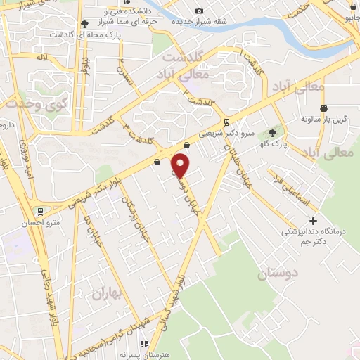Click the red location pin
(x=181, y=165)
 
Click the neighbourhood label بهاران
(x=108, y=294)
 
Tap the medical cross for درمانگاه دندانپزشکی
(x=313, y=221)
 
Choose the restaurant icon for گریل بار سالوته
(x=323, y=108)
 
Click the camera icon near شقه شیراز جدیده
(x=200, y=11)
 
